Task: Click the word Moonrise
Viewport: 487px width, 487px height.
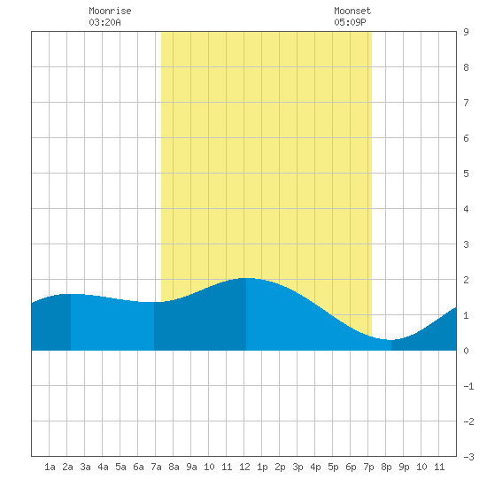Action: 110,11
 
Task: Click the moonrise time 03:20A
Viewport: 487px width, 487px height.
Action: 104,22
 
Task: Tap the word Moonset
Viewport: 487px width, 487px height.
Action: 352,11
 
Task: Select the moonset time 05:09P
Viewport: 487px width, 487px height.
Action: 350,22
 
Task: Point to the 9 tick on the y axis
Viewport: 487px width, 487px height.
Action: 466,32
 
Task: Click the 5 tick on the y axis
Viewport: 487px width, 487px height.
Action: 466,174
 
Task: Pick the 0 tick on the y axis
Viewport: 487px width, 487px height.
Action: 466,351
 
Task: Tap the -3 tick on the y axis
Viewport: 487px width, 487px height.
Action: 468,457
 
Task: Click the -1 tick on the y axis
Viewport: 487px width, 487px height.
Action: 468,386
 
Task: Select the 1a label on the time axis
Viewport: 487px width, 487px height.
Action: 50,467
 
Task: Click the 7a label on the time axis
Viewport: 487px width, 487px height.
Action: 156,467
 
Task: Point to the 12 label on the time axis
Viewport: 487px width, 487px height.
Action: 244,467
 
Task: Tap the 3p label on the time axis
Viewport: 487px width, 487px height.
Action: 298,467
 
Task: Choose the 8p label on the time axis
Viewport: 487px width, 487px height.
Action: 386,467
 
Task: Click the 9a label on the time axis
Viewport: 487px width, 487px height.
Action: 191,467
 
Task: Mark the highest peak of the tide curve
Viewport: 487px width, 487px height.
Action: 246,278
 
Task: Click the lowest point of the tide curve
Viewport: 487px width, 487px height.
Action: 391,340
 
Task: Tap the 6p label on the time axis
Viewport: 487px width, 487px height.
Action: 351,467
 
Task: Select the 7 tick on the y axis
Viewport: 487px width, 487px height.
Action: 466,103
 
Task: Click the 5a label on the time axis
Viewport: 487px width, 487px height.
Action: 120,467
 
